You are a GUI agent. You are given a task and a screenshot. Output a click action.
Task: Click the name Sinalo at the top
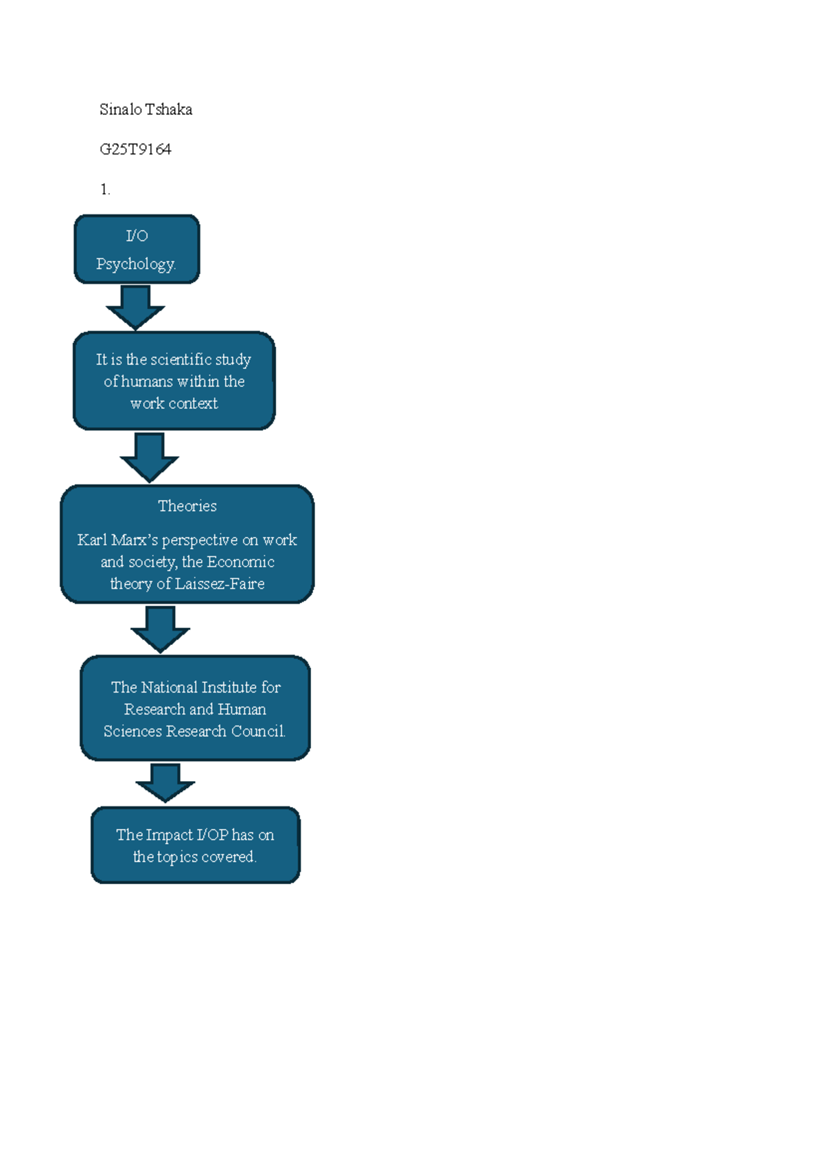click(x=121, y=109)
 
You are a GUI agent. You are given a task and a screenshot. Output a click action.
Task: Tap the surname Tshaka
click(x=168, y=109)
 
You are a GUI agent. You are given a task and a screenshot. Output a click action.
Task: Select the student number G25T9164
click(x=135, y=149)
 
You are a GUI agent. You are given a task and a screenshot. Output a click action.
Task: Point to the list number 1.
click(x=105, y=190)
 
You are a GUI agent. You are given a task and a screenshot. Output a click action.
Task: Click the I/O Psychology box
click(x=137, y=249)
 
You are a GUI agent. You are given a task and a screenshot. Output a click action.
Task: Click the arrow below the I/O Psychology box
click(x=135, y=307)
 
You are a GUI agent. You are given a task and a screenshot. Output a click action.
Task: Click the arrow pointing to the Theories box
click(x=150, y=457)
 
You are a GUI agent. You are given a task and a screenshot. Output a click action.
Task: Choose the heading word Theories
click(x=187, y=506)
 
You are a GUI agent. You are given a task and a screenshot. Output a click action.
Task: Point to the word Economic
click(x=241, y=562)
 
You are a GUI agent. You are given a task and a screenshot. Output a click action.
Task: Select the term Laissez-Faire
click(x=220, y=584)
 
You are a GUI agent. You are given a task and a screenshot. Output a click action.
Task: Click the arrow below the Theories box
click(x=160, y=629)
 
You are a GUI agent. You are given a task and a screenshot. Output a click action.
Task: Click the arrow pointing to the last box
click(x=165, y=783)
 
